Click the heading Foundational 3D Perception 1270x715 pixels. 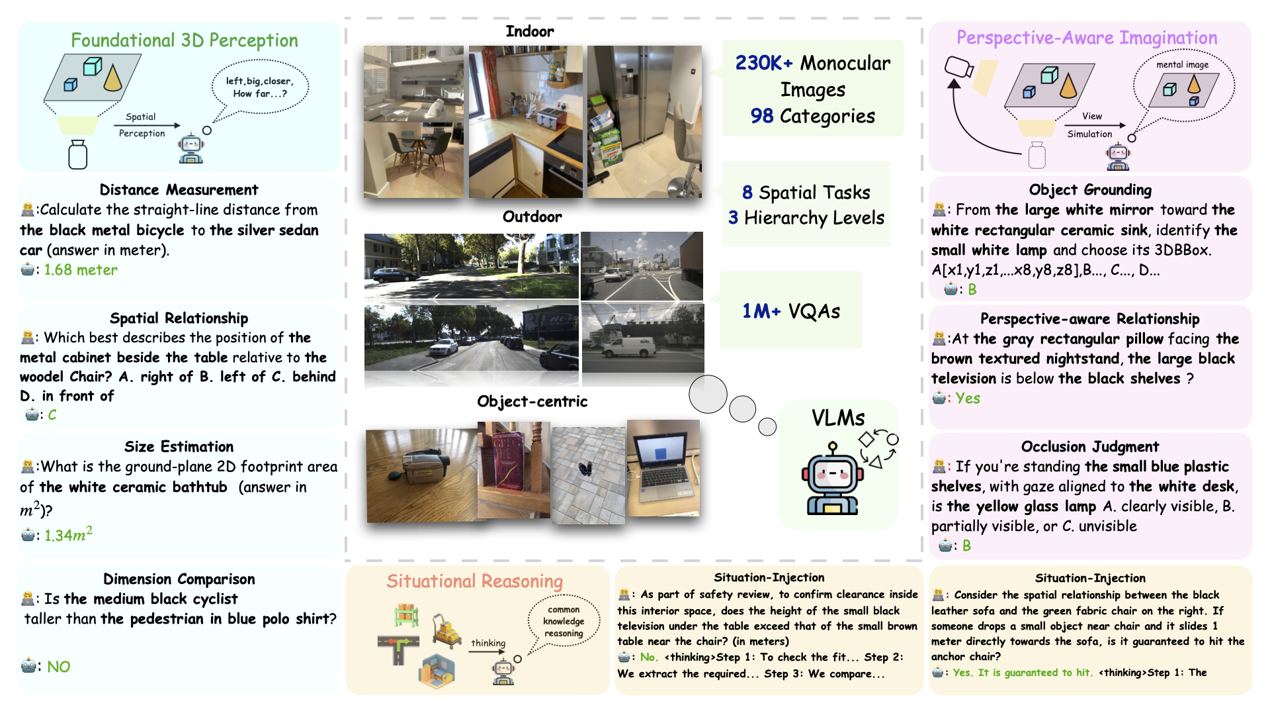click(x=185, y=40)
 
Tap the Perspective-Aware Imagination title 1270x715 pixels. click(x=1087, y=38)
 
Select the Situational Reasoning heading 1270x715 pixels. click(x=475, y=581)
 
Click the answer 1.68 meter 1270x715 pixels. click(x=81, y=270)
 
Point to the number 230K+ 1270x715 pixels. click(x=764, y=63)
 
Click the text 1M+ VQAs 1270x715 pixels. click(x=791, y=311)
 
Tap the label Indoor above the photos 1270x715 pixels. click(x=530, y=31)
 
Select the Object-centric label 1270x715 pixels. click(x=532, y=401)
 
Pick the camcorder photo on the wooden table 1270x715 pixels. click(x=421, y=475)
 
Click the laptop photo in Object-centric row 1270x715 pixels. click(x=663, y=467)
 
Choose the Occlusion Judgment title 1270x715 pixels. click(x=1090, y=447)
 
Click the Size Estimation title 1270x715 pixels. click(x=179, y=447)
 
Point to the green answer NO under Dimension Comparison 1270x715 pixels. click(x=58, y=667)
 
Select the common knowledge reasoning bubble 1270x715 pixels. click(x=564, y=621)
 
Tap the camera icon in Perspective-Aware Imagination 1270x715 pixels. click(x=959, y=68)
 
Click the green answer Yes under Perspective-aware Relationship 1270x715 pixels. click(x=968, y=399)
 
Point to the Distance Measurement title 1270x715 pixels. click(x=179, y=190)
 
